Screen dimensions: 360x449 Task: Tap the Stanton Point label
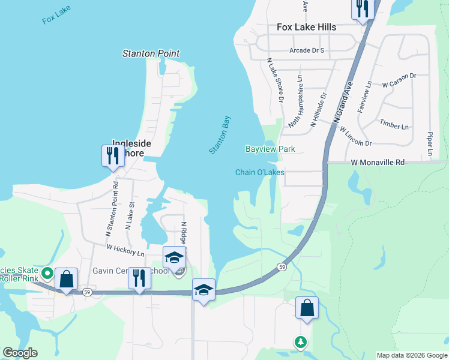151,53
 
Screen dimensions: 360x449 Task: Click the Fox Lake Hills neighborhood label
306,27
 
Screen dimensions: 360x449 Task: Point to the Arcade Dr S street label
306,50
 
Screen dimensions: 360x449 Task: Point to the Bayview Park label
270,148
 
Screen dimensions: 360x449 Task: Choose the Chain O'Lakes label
259,172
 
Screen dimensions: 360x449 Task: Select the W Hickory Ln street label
125,247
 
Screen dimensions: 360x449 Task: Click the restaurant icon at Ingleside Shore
112,156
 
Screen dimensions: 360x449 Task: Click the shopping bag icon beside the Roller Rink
66,279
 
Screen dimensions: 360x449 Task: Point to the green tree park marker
300,342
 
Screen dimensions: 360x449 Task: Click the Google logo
20,353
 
